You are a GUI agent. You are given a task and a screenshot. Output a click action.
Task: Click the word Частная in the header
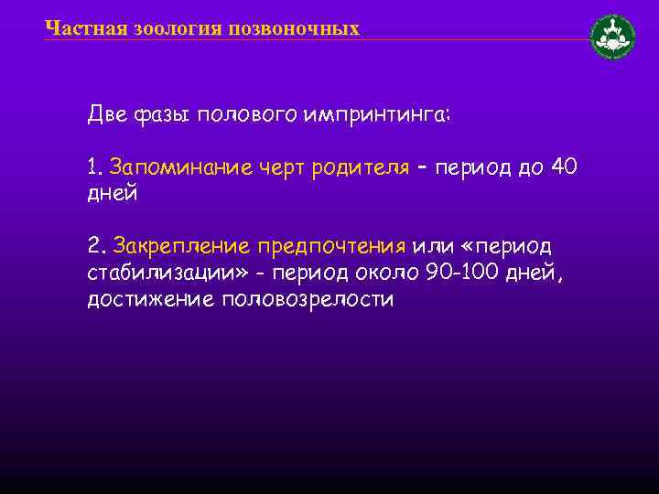(x=76, y=28)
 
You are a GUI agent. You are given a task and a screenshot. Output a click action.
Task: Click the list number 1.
(x=92, y=167)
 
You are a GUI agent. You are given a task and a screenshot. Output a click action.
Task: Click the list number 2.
(x=93, y=246)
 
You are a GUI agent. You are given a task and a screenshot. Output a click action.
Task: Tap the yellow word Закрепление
(x=180, y=246)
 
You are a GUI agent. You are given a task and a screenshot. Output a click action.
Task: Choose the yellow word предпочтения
(x=330, y=246)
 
